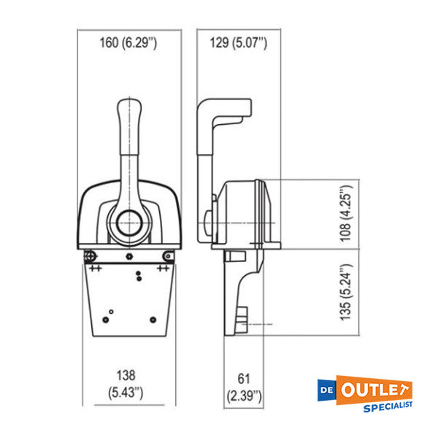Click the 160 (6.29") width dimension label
[x=128, y=43]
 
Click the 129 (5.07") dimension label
[x=239, y=43]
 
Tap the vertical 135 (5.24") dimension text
[x=347, y=291]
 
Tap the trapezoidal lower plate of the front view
[x=128, y=303]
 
